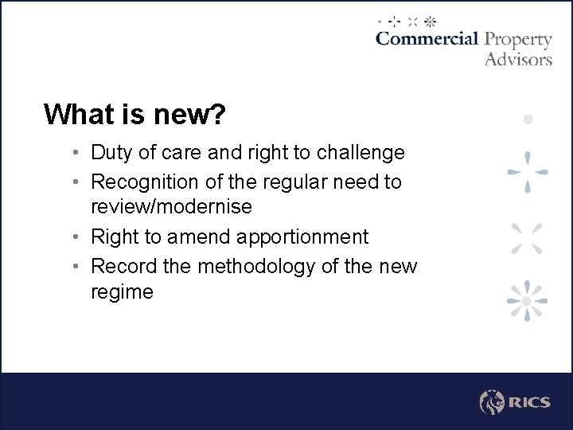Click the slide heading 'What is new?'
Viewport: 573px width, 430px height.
coord(135,115)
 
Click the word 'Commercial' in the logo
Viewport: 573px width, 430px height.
coord(427,39)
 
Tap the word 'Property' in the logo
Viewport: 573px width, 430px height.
coord(518,40)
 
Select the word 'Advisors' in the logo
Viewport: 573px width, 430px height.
coord(518,59)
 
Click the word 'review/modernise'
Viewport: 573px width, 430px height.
coord(171,207)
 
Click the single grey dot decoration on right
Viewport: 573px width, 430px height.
coord(528,119)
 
